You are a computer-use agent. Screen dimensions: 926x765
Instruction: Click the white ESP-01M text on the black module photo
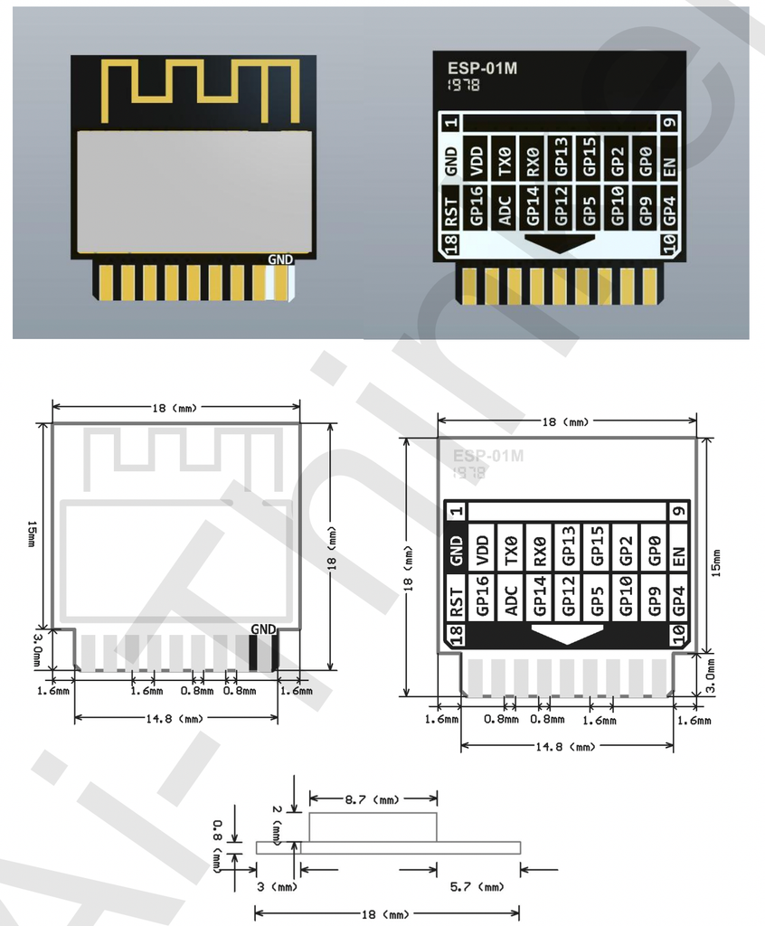tap(483, 68)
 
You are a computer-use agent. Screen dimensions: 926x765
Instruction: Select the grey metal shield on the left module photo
tap(194, 191)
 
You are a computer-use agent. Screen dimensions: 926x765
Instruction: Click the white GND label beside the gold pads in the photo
tap(280, 259)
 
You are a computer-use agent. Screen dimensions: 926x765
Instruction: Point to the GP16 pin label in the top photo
tap(477, 205)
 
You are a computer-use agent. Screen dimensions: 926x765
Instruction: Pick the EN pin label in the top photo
tap(669, 165)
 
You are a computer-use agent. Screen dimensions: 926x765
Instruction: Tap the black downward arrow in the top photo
tap(560, 242)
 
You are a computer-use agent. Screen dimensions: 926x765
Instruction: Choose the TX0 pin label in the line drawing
tap(510, 549)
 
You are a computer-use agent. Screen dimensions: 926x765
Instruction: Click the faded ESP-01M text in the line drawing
tap(488, 455)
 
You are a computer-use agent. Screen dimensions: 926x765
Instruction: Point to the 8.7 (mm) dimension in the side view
tap(373, 800)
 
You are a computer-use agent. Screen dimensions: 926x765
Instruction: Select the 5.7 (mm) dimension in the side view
tap(477, 887)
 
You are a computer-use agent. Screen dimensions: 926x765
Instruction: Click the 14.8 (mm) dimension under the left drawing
tap(175, 718)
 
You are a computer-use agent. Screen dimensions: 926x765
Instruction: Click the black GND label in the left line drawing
tap(263, 628)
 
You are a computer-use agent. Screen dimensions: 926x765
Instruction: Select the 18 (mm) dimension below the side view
tap(387, 915)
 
